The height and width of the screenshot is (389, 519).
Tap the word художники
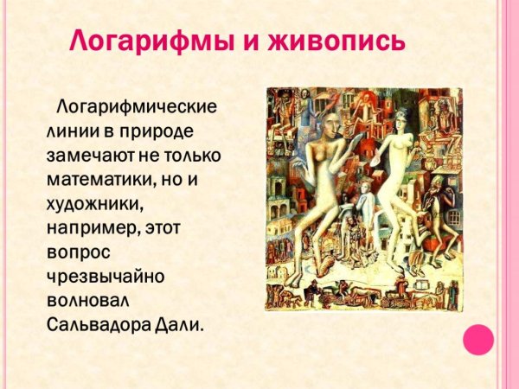(94, 205)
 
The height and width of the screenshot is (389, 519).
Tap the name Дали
(185, 327)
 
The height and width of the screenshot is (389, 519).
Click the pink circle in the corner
(477, 339)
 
